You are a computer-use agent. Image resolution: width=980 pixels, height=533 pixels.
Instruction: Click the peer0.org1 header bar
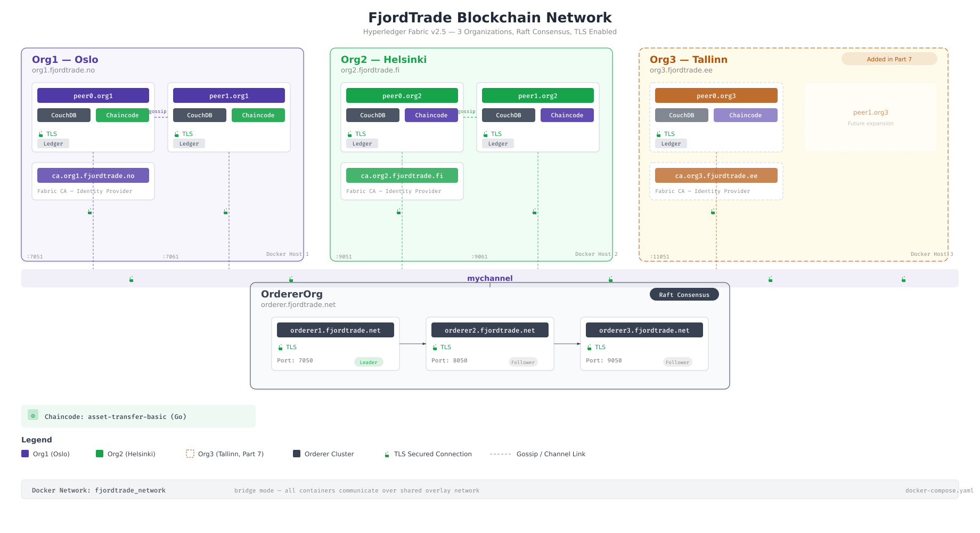[x=93, y=95]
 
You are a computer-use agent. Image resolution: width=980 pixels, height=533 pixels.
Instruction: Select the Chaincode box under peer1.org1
[x=258, y=115]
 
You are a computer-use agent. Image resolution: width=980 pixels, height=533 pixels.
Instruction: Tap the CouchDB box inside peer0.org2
[x=373, y=115]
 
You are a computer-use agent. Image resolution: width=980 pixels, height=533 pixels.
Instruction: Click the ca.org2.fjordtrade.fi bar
[x=402, y=175]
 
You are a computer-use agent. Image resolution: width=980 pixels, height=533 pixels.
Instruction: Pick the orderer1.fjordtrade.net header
[x=336, y=330]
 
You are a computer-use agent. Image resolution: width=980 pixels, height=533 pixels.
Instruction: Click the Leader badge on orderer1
[x=369, y=362]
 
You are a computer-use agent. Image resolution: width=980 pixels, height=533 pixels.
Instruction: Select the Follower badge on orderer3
[x=677, y=362]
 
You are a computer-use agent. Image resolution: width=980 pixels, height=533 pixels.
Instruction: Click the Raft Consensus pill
[x=684, y=295]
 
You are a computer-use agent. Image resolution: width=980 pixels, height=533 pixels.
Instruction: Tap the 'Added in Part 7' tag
[x=889, y=59]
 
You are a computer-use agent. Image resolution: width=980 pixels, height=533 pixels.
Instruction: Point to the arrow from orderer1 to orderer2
[x=413, y=344]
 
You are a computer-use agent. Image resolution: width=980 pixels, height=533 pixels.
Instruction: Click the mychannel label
[x=489, y=278]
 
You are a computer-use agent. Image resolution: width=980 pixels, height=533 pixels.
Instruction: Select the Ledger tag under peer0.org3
[x=671, y=143]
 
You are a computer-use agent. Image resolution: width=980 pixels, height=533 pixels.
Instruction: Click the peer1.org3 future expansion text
[x=870, y=112]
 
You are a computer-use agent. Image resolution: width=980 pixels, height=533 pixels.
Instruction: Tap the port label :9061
[x=479, y=256]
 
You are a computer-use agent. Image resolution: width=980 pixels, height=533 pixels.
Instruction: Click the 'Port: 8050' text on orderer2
[x=450, y=360]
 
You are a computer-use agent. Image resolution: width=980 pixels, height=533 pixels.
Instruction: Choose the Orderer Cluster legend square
[x=297, y=454]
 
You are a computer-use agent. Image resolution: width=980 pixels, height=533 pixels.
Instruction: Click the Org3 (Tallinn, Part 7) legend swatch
[x=190, y=454]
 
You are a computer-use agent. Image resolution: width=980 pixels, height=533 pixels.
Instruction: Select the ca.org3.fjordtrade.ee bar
[x=716, y=175]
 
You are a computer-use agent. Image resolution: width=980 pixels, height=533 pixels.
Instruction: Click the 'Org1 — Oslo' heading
[x=65, y=60]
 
